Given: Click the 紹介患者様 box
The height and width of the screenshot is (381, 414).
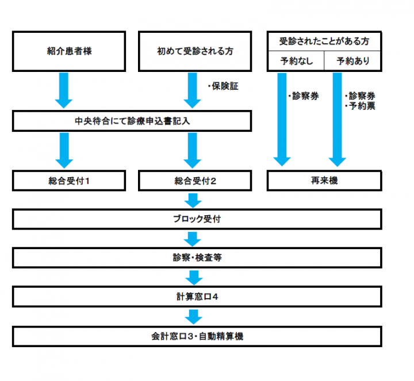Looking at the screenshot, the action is pyautogui.click(x=69, y=51).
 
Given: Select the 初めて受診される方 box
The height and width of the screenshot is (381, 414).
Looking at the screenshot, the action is pyautogui.click(x=195, y=51).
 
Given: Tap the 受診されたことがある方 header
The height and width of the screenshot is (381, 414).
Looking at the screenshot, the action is pyautogui.click(x=324, y=41).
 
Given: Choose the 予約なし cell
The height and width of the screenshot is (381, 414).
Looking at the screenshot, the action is pyautogui.click(x=296, y=61).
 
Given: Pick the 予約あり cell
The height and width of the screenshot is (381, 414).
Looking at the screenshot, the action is pyautogui.click(x=352, y=61).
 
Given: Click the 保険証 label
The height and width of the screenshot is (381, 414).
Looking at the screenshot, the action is pyautogui.click(x=223, y=86).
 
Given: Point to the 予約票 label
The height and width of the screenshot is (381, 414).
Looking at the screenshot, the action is pyautogui.click(x=360, y=106).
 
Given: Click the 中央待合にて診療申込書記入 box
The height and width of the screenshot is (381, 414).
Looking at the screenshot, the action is pyautogui.click(x=132, y=121).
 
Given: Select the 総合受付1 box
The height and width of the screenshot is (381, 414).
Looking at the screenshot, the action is pyautogui.click(x=69, y=181).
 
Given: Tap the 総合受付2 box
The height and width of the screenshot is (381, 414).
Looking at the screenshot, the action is pyautogui.click(x=195, y=181).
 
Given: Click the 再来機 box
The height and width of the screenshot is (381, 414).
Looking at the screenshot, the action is pyautogui.click(x=324, y=181).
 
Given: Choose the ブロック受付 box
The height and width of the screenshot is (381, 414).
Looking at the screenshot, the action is pyautogui.click(x=197, y=219).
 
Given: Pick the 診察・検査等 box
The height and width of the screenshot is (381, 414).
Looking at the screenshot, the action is pyautogui.click(x=197, y=258).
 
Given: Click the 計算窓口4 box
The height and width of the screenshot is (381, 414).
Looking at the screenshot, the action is pyautogui.click(x=197, y=297).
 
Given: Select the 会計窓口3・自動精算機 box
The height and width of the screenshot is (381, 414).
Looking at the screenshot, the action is pyautogui.click(x=197, y=336).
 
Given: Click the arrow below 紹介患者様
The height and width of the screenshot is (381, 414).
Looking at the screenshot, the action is pyautogui.click(x=64, y=90).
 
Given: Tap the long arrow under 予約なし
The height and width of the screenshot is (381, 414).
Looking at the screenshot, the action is pyautogui.click(x=282, y=120).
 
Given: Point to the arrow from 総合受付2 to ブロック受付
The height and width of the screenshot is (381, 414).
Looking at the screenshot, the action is pyautogui.click(x=193, y=200).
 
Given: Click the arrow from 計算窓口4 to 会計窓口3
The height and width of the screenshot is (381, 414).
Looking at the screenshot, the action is pyautogui.click(x=194, y=317).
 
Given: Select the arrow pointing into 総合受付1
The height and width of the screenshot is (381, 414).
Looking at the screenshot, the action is pyautogui.click(x=64, y=150).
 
